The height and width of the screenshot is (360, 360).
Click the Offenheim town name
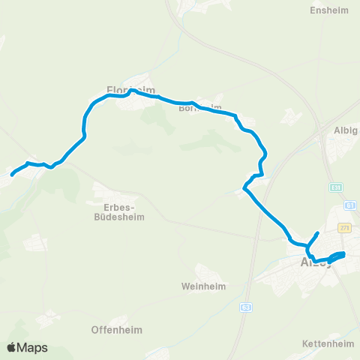(116, 329)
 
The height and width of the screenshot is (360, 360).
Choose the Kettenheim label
(327, 343)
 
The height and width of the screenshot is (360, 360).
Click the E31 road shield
(337, 187)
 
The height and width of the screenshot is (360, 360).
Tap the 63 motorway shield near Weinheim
(246, 307)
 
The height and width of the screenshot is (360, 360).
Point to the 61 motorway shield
(349, 205)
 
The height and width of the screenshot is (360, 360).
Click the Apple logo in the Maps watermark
(11, 347)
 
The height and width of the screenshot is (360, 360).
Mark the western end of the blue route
(13, 174)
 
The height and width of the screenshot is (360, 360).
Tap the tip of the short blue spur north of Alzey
(318, 234)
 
